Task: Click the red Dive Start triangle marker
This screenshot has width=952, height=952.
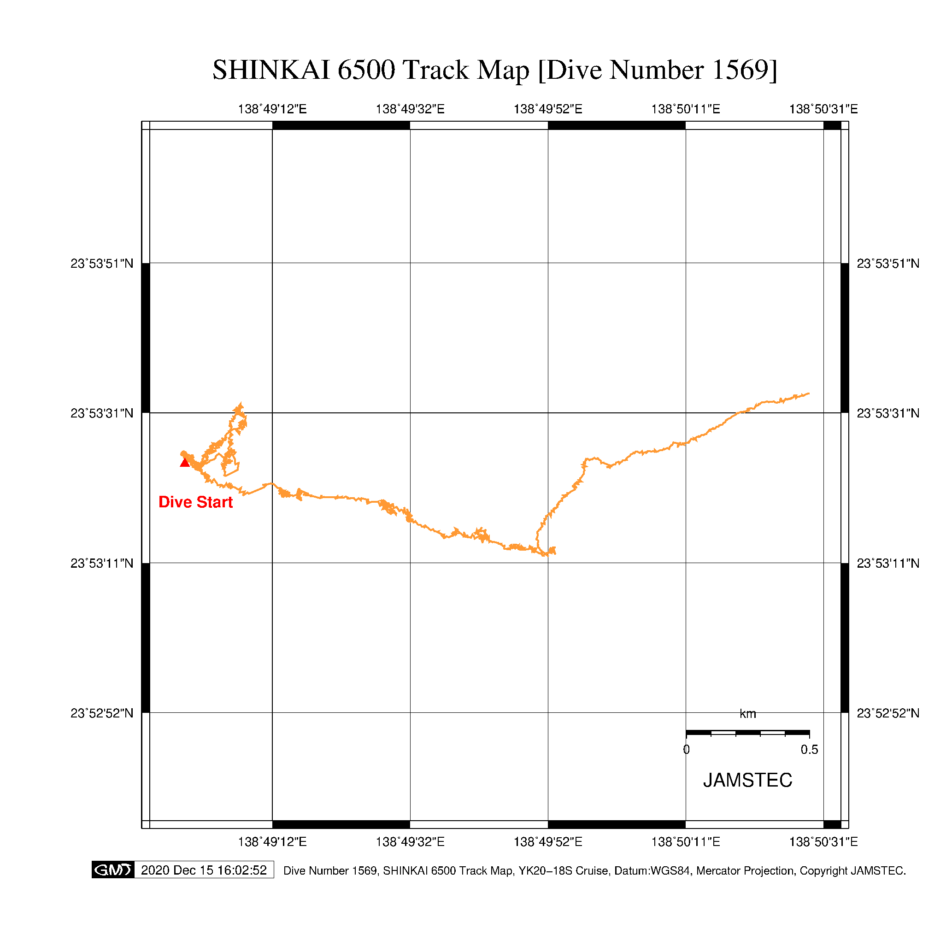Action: (185, 462)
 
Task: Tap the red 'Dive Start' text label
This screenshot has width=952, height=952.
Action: (196, 502)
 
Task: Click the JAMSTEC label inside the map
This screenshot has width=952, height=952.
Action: (747, 780)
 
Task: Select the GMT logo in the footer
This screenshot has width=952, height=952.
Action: (113, 870)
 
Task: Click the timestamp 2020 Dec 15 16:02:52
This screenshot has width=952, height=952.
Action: (204, 870)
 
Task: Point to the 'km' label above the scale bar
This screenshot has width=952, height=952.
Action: (747, 713)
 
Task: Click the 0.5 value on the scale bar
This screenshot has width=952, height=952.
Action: (809, 749)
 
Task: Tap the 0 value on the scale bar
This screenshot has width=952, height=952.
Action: (687, 749)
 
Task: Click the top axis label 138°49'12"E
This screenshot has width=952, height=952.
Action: (272, 109)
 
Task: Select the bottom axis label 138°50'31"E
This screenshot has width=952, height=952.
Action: (823, 841)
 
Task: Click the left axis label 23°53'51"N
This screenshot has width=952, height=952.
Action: (102, 264)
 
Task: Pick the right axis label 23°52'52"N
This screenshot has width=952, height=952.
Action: (888, 713)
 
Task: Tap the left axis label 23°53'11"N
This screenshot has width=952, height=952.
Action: (102, 563)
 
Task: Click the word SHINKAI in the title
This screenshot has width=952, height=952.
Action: (271, 70)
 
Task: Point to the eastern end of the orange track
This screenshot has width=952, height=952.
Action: (809, 394)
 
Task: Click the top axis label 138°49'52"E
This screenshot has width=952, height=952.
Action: (548, 109)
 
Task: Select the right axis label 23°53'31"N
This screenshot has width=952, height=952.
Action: (888, 413)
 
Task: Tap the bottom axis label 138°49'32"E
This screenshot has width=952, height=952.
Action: (410, 841)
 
